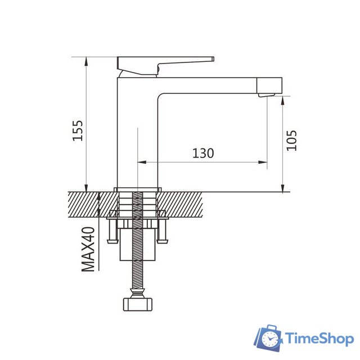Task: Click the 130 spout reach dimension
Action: click(x=202, y=153)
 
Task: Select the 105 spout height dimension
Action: click(x=291, y=140)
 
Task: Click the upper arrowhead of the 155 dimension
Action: click(x=86, y=60)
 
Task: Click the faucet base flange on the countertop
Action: click(x=138, y=188)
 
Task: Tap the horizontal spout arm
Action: click(x=214, y=85)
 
